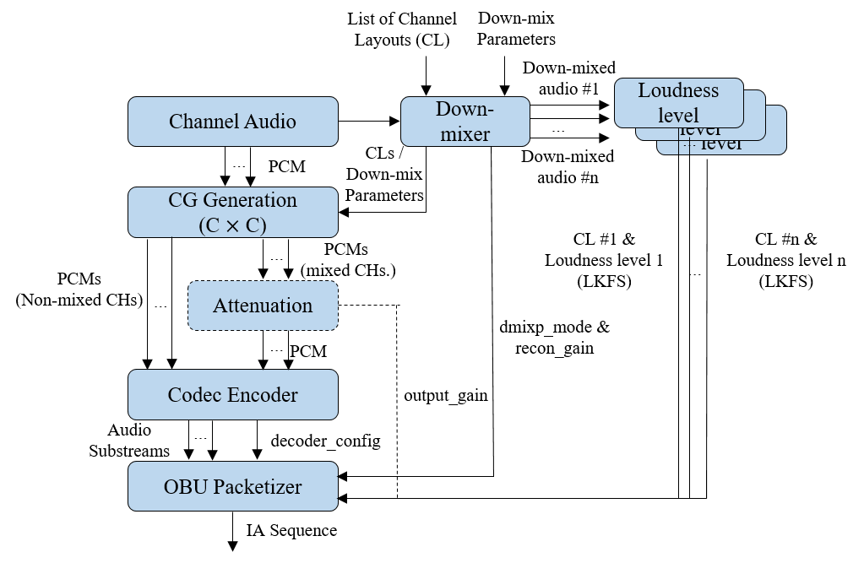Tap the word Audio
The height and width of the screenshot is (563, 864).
pyautogui.click(x=269, y=122)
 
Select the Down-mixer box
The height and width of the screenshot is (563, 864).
pyautogui.click(x=465, y=122)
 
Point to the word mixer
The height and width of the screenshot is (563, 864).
pyautogui.click(x=465, y=133)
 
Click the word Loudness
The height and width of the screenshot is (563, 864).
pyautogui.click(x=678, y=90)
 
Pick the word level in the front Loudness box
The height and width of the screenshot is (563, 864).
pyautogui.click(x=678, y=114)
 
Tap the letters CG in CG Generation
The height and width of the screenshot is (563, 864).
pyautogui.click(x=182, y=200)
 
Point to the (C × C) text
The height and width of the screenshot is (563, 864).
pyautogui.click(x=232, y=225)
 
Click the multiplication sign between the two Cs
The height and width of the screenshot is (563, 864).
pyautogui.click(x=232, y=225)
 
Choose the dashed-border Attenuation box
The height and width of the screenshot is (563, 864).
pyautogui.click(x=263, y=306)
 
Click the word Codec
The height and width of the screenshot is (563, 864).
pyautogui.click(x=196, y=395)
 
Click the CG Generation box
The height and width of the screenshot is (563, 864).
pyautogui.click(x=232, y=212)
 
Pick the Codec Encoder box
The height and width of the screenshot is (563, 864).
pyautogui.click(x=232, y=394)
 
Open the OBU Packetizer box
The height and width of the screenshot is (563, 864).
pyautogui.click(x=232, y=486)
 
